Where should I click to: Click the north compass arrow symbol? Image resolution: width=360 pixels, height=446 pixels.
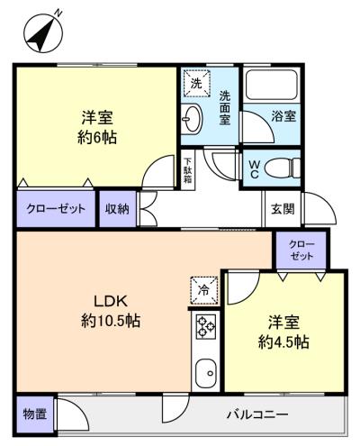(x=43, y=35)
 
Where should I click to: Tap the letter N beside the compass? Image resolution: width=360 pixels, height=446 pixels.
(x=58, y=13)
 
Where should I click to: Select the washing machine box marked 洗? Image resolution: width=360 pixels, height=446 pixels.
(x=197, y=83)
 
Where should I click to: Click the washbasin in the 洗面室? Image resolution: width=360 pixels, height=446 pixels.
(x=192, y=119)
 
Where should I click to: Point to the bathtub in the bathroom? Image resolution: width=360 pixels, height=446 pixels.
(x=271, y=85)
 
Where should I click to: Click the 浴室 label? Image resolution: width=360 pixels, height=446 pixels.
(x=283, y=116)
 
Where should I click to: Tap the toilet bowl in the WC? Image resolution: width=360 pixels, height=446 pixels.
(x=282, y=168)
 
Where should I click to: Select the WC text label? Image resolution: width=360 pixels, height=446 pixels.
(x=254, y=168)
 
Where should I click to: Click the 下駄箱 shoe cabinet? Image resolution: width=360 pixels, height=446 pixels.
(x=188, y=170)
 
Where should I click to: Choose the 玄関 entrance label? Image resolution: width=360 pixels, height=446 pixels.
(x=283, y=209)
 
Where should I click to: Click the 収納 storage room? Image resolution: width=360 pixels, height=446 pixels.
(x=118, y=209)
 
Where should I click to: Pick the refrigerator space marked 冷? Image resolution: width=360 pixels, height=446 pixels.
(x=204, y=290)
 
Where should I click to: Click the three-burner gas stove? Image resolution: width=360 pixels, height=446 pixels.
(x=206, y=325)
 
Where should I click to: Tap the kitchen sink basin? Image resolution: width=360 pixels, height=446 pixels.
(x=206, y=373)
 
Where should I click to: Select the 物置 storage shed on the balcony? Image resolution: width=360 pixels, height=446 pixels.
(x=35, y=414)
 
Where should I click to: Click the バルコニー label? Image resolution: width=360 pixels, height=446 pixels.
(x=257, y=414)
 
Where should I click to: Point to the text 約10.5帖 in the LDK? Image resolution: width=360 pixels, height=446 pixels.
(x=111, y=322)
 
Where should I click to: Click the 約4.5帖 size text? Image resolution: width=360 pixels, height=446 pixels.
(x=283, y=342)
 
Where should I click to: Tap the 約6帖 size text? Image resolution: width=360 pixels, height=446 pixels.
(x=97, y=138)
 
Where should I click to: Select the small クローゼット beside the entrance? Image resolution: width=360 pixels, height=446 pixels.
(x=301, y=250)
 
